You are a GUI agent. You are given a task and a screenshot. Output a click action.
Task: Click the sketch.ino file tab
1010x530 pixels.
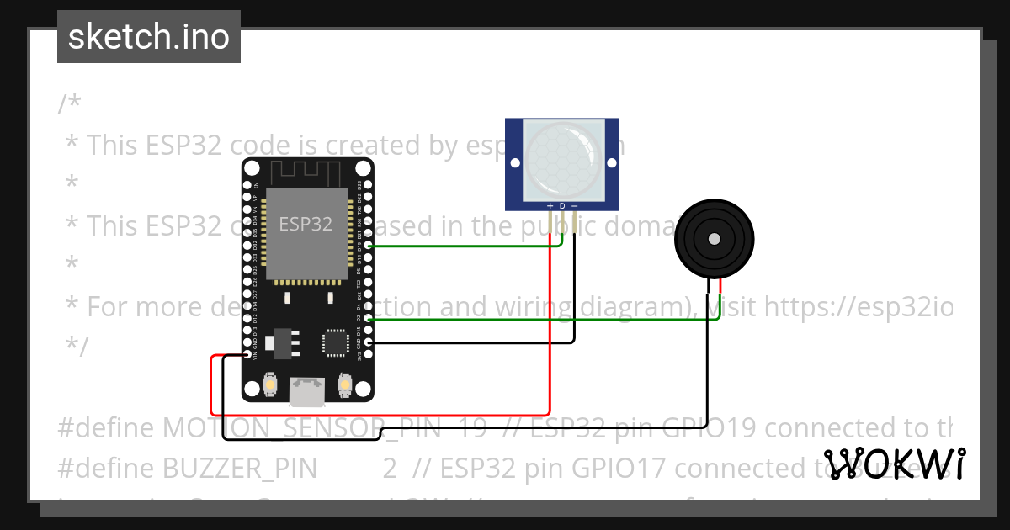tap(148, 37)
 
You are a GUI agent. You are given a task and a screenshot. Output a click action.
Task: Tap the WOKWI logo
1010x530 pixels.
tap(895, 464)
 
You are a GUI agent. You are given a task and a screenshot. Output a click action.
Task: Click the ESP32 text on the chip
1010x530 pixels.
tap(306, 225)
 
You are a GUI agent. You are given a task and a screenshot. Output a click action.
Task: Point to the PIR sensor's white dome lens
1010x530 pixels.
tap(562, 160)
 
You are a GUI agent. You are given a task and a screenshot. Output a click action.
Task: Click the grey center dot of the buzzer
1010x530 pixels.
tap(714, 239)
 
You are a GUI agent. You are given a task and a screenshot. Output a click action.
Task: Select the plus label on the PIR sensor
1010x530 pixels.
tap(550, 205)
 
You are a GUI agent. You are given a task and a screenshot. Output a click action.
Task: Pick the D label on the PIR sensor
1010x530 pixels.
tap(562, 205)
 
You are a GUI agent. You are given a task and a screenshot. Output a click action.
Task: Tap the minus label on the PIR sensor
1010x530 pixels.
tap(575, 205)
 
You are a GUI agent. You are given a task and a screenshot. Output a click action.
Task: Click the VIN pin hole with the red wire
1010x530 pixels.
tap(247, 356)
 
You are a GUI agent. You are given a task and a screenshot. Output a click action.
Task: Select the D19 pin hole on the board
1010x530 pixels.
tap(369, 246)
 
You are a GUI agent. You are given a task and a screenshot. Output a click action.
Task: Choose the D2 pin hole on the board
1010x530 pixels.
tap(369, 320)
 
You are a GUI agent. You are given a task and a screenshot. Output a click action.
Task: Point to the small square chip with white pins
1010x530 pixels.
tap(335, 343)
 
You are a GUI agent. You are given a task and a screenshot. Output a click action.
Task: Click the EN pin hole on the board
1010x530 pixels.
tap(247, 185)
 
